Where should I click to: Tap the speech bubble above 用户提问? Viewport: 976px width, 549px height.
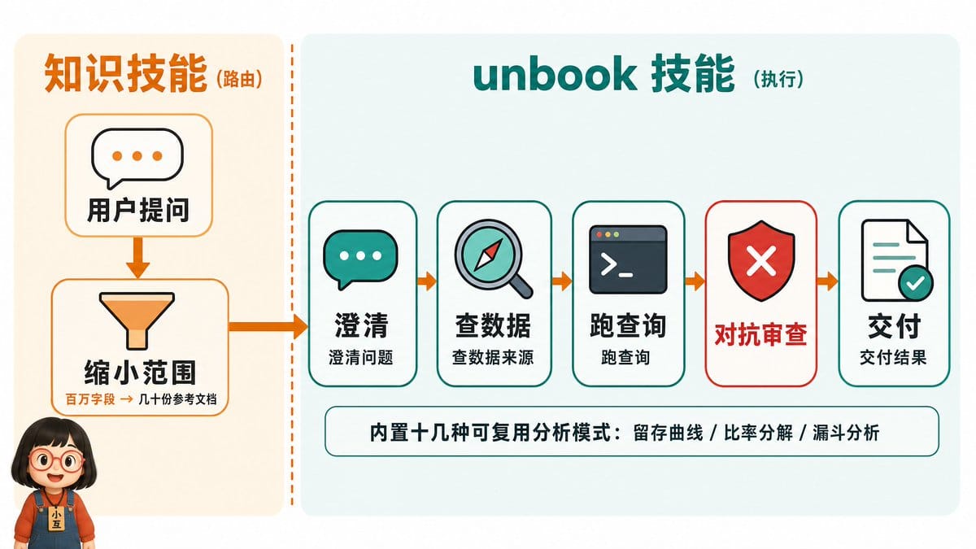(137, 158)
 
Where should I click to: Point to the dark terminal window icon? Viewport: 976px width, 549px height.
(628, 259)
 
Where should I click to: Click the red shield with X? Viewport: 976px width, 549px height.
(761, 260)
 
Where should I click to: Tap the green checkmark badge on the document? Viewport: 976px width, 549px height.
(915, 283)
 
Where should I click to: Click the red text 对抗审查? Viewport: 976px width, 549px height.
(760, 334)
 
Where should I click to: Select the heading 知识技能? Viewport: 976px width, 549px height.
(125, 73)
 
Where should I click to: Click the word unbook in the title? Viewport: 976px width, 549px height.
(555, 75)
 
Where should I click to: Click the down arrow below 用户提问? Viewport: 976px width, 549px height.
(137, 257)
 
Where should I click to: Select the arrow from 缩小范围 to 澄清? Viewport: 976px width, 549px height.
(268, 327)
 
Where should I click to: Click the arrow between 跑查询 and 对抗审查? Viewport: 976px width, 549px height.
(695, 281)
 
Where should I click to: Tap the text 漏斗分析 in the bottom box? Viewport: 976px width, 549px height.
(846, 433)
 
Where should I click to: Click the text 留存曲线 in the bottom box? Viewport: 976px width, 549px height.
(668, 433)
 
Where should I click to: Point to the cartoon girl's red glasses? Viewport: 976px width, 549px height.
(56, 460)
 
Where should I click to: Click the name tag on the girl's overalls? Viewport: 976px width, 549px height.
(56, 520)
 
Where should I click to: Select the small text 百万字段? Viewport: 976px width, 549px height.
(90, 399)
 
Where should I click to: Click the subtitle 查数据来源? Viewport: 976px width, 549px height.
(493, 357)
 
